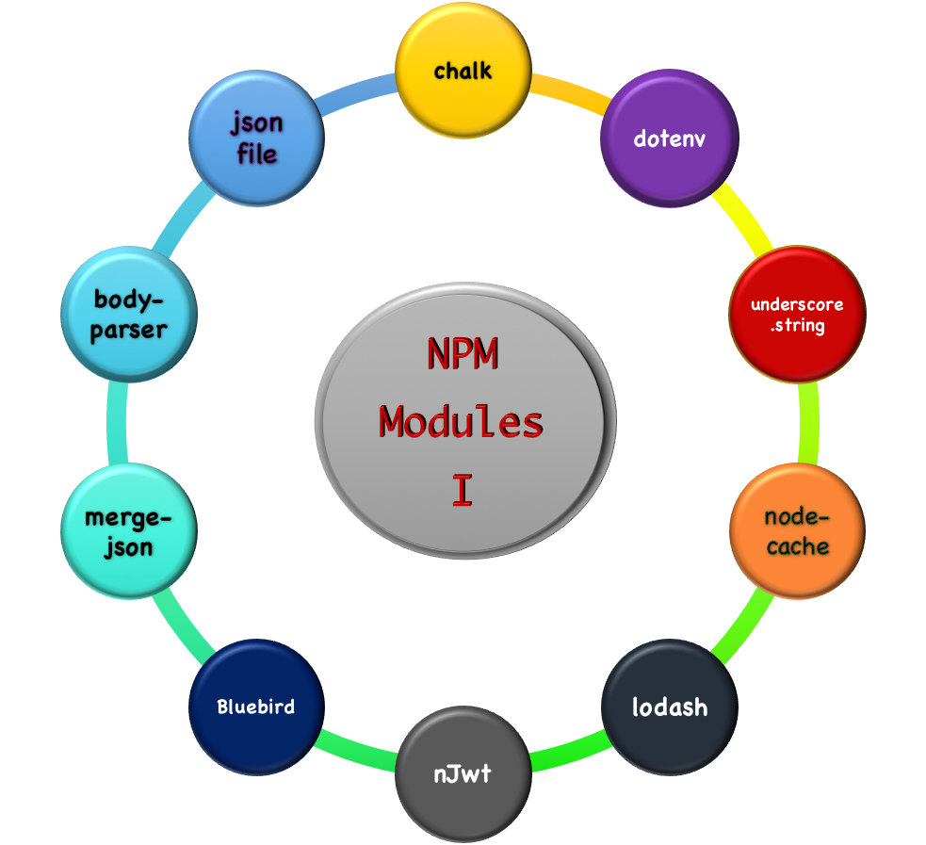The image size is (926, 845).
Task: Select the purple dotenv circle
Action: (x=670, y=139)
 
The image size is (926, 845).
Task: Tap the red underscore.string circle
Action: (x=797, y=314)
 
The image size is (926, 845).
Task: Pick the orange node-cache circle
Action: (x=797, y=532)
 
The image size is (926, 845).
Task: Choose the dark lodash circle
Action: (x=669, y=707)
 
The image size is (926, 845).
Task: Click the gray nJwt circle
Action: (x=463, y=774)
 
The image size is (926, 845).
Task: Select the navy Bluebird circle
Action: (x=256, y=707)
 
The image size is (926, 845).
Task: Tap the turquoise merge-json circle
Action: (x=128, y=532)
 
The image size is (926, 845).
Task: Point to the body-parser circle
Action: (x=128, y=315)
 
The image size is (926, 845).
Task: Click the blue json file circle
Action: (x=256, y=138)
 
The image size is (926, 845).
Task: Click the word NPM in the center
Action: (x=462, y=354)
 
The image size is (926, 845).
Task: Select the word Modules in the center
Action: (x=462, y=422)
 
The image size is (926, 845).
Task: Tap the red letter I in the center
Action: (x=462, y=491)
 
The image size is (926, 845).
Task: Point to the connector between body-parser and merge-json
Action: (x=117, y=423)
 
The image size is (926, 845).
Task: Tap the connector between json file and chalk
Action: (x=357, y=93)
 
